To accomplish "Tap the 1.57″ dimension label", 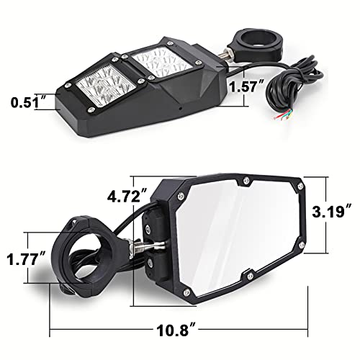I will (246, 87).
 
